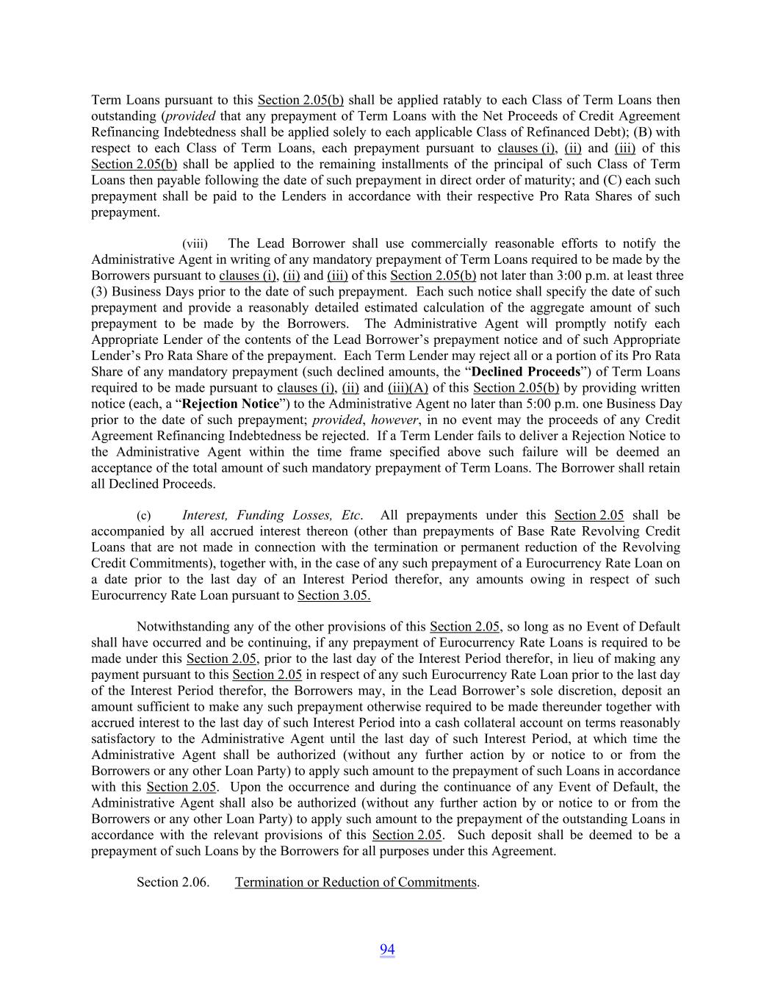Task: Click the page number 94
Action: pos(387,950)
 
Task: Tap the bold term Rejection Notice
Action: pos(231,404)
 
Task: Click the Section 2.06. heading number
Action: pos(173,882)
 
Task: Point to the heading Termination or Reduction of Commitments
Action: pos(356,882)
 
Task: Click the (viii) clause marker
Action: pos(195,244)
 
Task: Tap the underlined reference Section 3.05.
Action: pos(334,596)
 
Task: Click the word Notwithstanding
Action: pos(183,628)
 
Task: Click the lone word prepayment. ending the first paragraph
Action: pos(125,213)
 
